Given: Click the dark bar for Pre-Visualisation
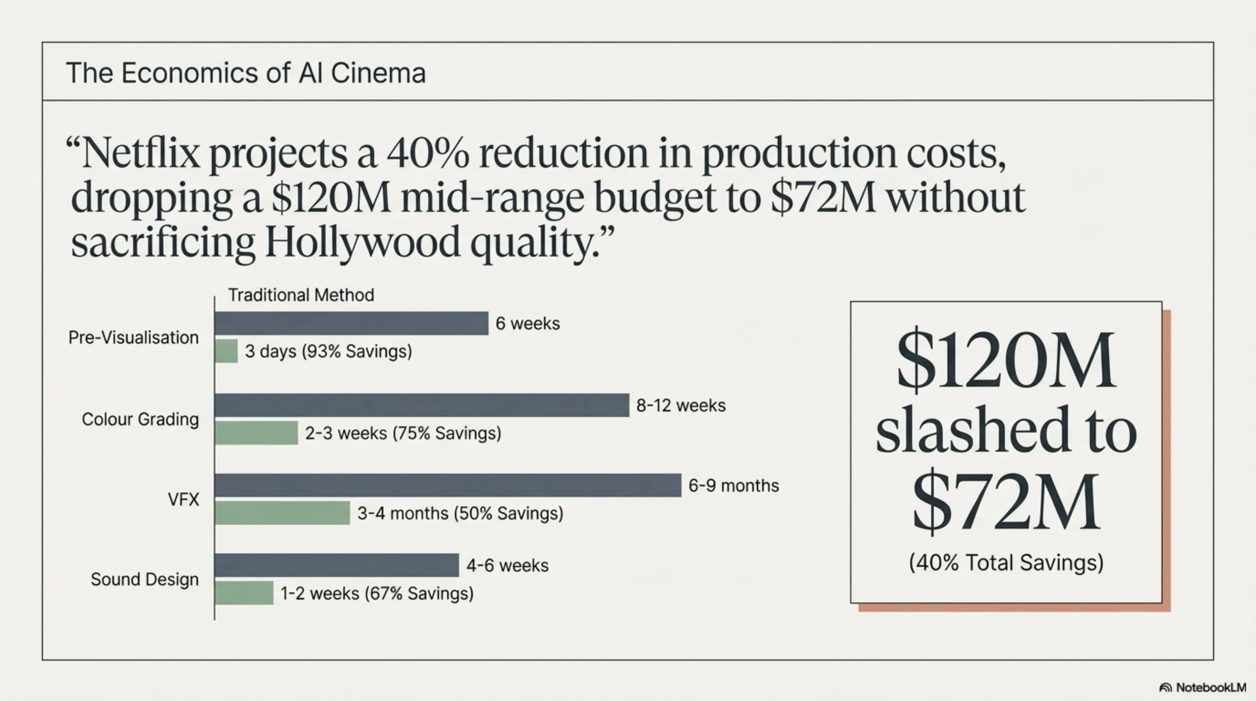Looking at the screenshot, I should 351,323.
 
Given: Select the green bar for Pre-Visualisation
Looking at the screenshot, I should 226,351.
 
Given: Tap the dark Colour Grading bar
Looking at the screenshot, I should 422,405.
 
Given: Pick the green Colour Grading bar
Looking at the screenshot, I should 256,433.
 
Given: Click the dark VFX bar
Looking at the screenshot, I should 448,485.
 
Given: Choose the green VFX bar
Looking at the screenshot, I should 283,513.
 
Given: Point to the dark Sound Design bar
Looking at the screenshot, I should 336,565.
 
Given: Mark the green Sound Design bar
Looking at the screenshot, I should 244,593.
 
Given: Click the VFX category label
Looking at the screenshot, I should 183,499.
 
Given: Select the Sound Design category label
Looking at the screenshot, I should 144,579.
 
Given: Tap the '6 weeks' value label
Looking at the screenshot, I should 528,323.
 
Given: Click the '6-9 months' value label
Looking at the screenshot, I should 733,486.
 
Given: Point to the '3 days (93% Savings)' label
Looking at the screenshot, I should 328,351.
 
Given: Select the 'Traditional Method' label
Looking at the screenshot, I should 301,295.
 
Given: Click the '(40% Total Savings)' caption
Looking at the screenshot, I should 1006,563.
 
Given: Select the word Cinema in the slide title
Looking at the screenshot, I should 378,73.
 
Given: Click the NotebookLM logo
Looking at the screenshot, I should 1202,687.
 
